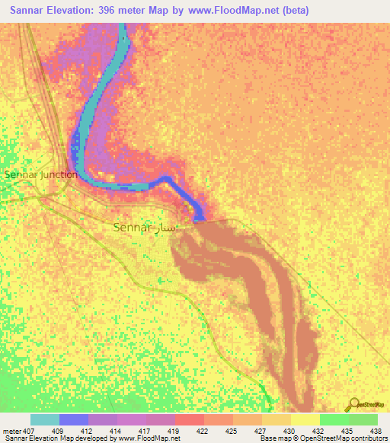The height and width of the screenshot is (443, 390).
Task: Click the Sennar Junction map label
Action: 41,174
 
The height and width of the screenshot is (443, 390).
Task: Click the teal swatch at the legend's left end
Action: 44,420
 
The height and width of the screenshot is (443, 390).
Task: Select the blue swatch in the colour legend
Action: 74,420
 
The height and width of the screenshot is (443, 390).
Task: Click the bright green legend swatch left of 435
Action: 334,420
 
